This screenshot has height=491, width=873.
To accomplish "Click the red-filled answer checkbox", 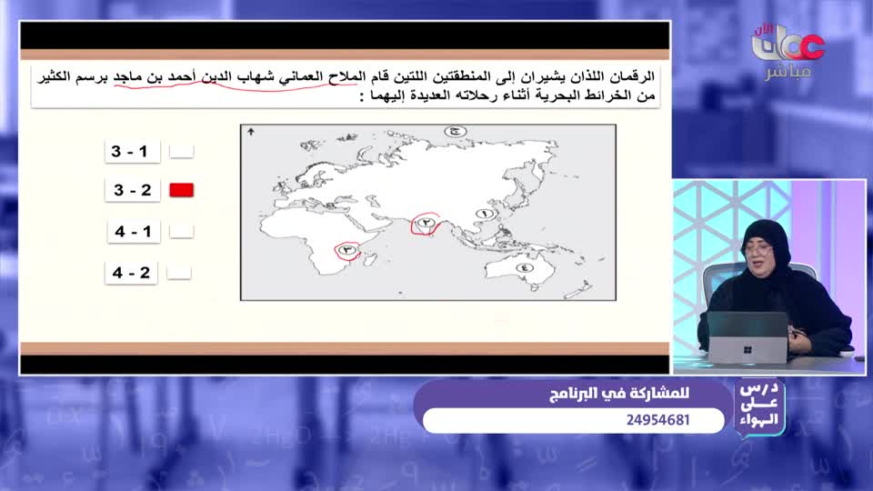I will tap(182, 190).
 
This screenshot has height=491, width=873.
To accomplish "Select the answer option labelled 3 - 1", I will tap(133, 151).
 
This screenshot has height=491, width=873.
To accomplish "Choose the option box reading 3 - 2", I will tap(133, 190).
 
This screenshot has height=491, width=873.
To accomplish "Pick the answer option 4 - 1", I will tap(133, 231).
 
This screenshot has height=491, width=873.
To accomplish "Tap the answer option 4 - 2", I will tap(133, 272).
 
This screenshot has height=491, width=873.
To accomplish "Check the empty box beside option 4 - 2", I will tap(182, 272).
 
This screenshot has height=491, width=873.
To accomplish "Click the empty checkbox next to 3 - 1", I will tap(182, 151).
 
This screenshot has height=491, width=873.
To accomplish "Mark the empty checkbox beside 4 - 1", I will tap(182, 231).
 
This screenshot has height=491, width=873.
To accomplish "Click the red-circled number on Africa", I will tap(346, 249).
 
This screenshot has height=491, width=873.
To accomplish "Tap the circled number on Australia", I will tap(525, 267).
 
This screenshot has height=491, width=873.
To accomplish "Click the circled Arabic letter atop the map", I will tap(456, 132).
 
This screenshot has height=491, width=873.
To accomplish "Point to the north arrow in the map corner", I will tap(250, 133).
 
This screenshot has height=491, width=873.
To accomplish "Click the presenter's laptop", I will tap(748, 337).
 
